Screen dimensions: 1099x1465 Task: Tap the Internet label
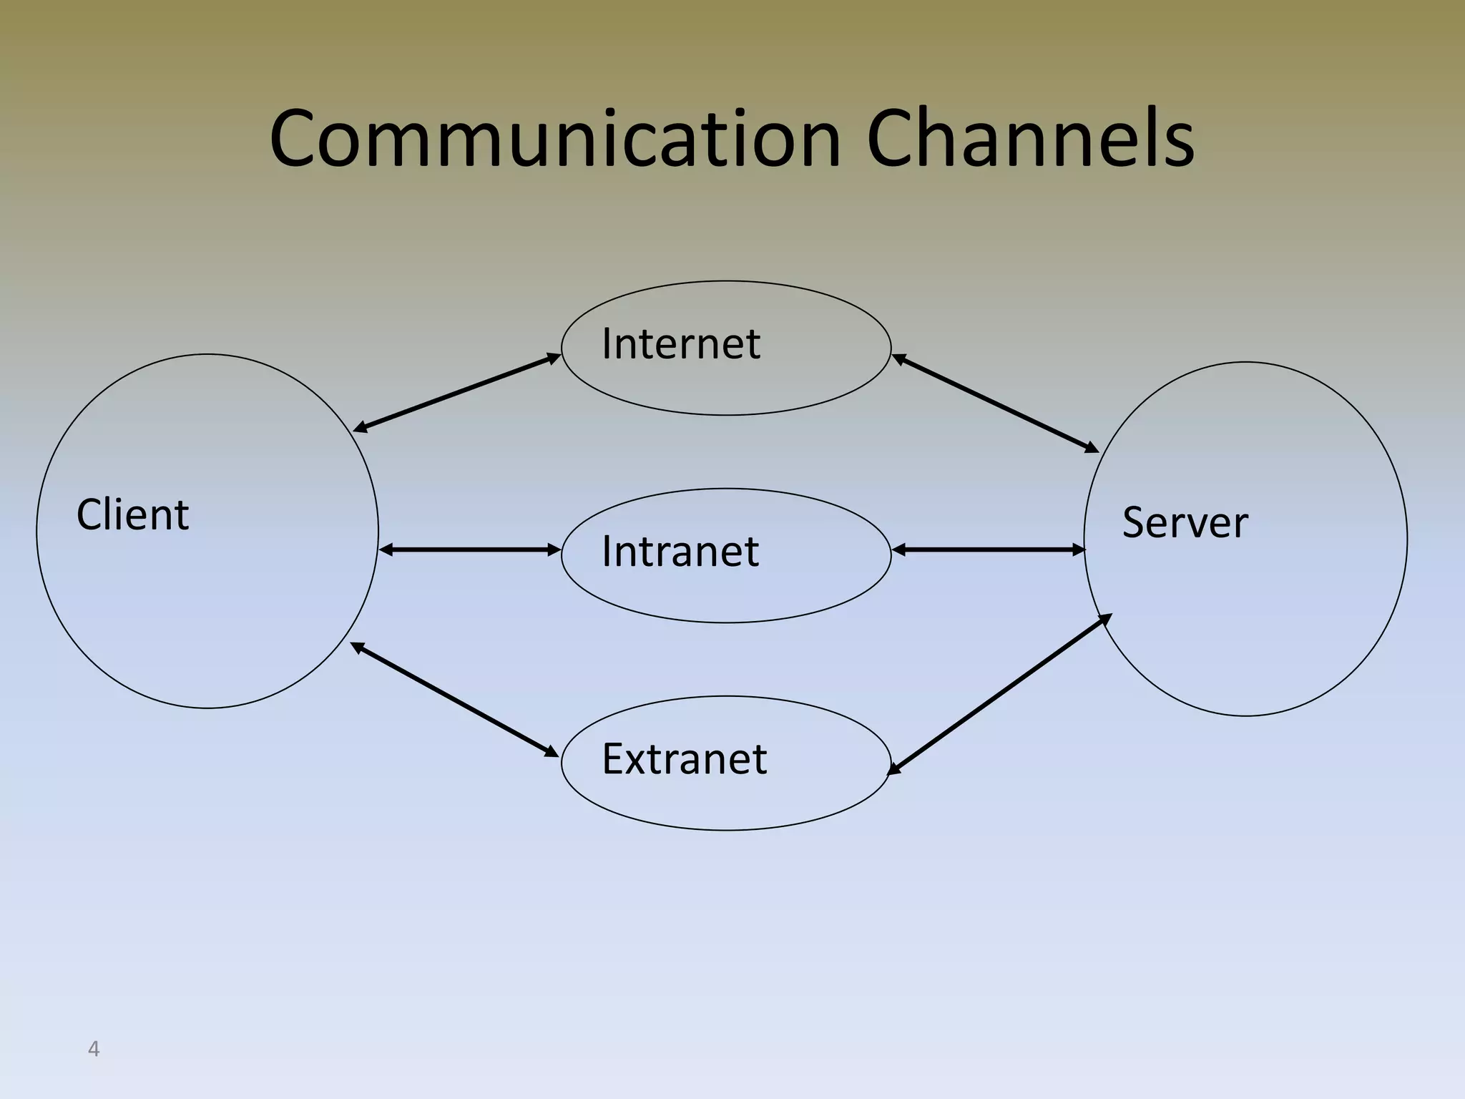point(680,343)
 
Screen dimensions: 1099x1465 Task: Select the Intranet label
point(680,552)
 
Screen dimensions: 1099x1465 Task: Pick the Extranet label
point(684,759)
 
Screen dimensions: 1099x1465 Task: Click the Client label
point(132,514)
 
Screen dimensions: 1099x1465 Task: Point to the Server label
point(1185,522)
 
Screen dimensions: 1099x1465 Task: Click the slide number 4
point(93,1049)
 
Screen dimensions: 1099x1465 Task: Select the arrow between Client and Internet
point(458,393)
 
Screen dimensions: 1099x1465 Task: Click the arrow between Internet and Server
point(995,404)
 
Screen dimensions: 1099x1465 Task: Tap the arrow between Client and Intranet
point(470,549)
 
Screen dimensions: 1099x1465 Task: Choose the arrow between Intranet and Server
point(989,549)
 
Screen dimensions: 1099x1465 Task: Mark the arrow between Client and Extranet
point(454,699)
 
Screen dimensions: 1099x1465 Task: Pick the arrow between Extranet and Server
point(999,694)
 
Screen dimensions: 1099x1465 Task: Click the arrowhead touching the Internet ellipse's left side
point(554,358)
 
